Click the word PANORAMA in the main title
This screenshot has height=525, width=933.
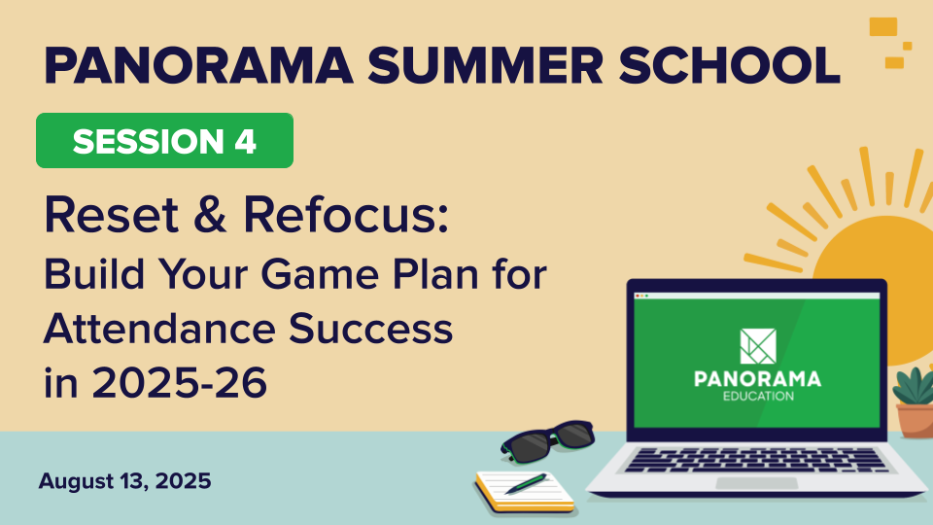pos(198,65)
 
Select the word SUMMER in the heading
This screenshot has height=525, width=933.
pos(486,65)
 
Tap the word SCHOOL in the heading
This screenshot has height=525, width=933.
pos(730,65)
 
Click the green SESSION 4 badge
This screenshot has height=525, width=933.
pos(165,140)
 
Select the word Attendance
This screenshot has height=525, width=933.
pos(158,329)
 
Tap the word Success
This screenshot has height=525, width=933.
pos(370,329)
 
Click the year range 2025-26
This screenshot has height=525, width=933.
pos(179,382)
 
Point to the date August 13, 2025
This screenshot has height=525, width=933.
pos(125,481)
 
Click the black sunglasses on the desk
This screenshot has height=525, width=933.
pos(547,441)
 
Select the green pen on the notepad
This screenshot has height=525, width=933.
pos(526,483)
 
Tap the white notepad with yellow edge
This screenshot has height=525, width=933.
pos(525,492)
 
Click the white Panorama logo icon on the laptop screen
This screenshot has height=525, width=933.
pos(757,346)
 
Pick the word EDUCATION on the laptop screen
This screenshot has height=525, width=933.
pos(758,397)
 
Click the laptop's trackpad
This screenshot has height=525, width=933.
pos(756,483)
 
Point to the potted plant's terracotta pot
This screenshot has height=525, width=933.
pos(916,420)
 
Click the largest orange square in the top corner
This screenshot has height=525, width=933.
pos(883,27)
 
